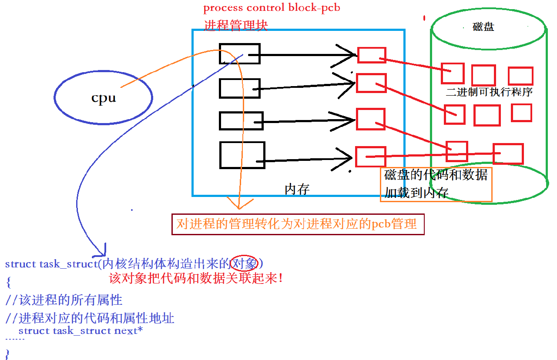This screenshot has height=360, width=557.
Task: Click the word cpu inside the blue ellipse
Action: pyautogui.click(x=104, y=97)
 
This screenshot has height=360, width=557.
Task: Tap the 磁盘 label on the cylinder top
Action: pyautogui.click(x=483, y=27)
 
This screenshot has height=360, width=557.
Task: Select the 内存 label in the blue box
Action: pyautogui.click(x=297, y=189)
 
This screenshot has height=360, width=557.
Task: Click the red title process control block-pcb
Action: pyautogui.click(x=272, y=8)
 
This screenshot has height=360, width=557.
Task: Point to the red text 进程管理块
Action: pyautogui.click(x=235, y=25)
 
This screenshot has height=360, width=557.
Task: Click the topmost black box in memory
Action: pyautogui.click(x=239, y=53)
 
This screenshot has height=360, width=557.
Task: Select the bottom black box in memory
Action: pyautogui.click(x=242, y=155)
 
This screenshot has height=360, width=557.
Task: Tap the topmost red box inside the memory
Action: pyautogui.click(x=372, y=55)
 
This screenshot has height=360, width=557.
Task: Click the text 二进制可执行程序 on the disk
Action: pyautogui.click(x=489, y=92)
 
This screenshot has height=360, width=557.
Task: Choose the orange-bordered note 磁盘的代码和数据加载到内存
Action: pyautogui.click(x=436, y=184)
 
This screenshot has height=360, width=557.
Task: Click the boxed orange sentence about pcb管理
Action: pyautogui.click(x=298, y=224)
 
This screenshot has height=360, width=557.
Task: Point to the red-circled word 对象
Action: pyautogui.click(x=244, y=263)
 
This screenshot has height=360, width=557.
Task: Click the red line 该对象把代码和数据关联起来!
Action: pyautogui.click(x=196, y=278)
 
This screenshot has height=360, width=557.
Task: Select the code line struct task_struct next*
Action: pyautogui.click(x=81, y=331)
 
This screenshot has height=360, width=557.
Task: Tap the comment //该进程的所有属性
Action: pyautogui.click(x=64, y=300)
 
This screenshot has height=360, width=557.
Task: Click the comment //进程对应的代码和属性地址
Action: pyautogui.click(x=90, y=318)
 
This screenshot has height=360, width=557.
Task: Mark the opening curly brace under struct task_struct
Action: pyautogui.click(x=8, y=283)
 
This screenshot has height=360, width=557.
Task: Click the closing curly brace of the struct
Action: pyautogui.click(x=7, y=353)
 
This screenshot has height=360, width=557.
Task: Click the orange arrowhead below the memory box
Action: pyautogui.click(x=239, y=203)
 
